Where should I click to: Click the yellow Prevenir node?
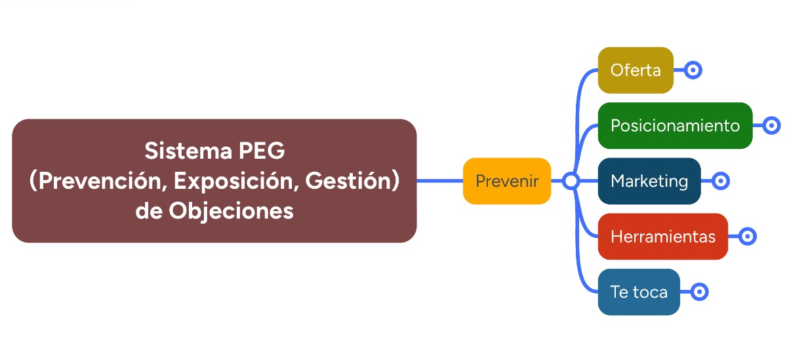(506, 181)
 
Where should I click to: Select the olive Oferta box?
(636, 70)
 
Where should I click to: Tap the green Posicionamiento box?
(675, 125)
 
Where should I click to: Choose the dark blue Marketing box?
(649, 181)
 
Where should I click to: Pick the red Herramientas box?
(662, 236)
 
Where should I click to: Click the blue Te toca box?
(639, 292)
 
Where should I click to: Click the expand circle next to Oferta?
(693, 70)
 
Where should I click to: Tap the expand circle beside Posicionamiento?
(771, 125)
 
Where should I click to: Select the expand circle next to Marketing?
(721, 181)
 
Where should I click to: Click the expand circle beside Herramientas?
(747, 236)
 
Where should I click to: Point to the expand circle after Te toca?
(699, 292)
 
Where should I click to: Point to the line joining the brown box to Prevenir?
(440, 181)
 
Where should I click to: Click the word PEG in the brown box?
(262, 151)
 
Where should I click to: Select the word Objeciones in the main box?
(231, 211)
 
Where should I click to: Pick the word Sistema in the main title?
(188, 151)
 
